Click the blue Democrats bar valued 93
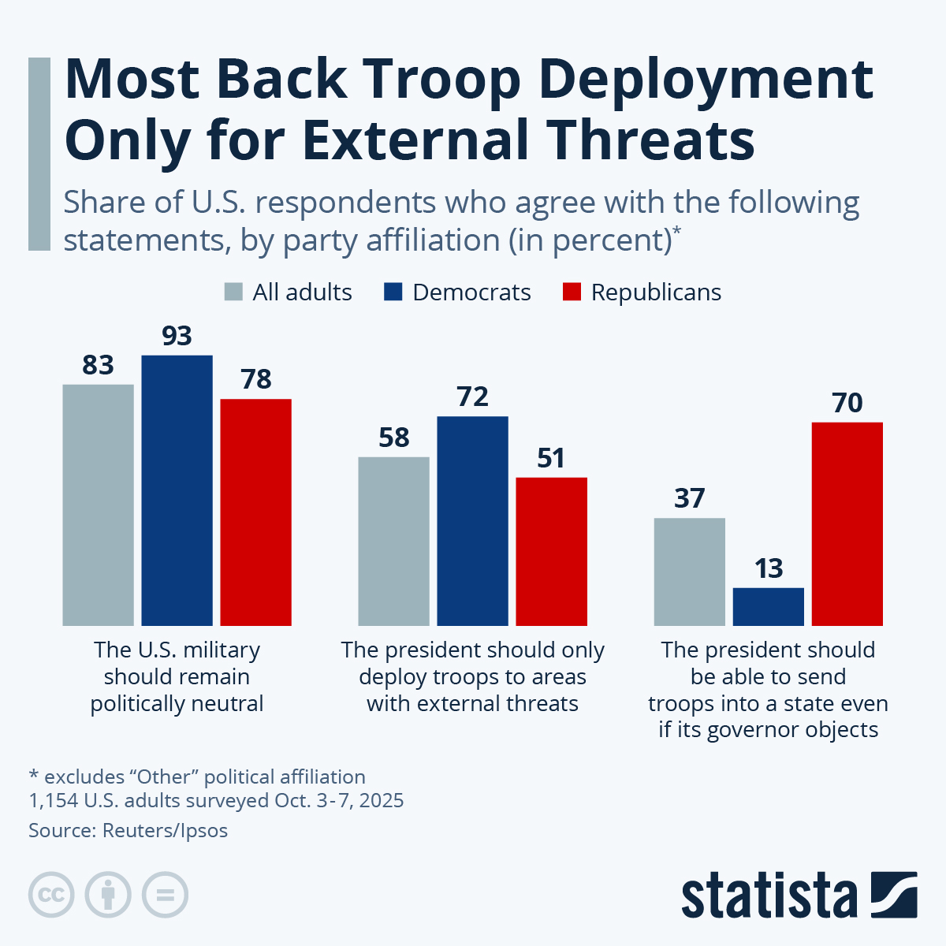click(x=177, y=490)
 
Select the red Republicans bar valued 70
click(x=847, y=524)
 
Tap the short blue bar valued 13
click(x=768, y=606)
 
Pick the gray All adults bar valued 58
click(x=393, y=542)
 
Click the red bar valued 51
click(x=551, y=552)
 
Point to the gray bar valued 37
click(x=689, y=572)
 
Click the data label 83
click(x=99, y=365)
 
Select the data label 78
click(x=256, y=379)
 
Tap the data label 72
click(x=472, y=397)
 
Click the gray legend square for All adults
click(x=233, y=292)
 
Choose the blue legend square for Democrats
click(x=393, y=292)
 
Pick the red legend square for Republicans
click(x=572, y=292)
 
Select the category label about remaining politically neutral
click(x=177, y=676)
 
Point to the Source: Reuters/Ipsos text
click(x=128, y=830)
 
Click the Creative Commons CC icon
click(x=51, y=895)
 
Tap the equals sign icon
click(x=165, y=895)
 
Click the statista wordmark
click(x=769, y=896)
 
